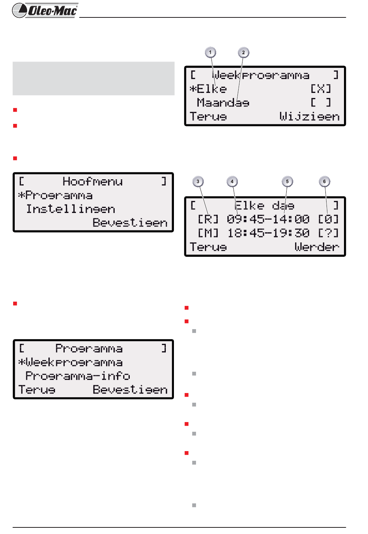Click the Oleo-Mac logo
pyautogui.click(x=45, y=10)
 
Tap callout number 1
pyautogui.click(x=210, y=52)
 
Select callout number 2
pyautogui.click(x=243, y=52)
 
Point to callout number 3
pyautogui.click(x=198, y=181)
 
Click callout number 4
pyautogui.click(x=232, y=181)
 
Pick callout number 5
pyautogui.click(x=287, y=181)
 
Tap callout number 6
pyautogui.click(x=325, y=181)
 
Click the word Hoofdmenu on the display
pyautogui.click(x=93, y=182)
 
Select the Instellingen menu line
pyautogui.click(x=71, y=209)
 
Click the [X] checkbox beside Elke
pyautogui.click(x=321, y=89)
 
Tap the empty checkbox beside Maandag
pyautogui.click(x=321, y=103)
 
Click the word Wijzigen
pyautogui.click(x=309, y=117)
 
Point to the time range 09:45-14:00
pyautogui.click(x=268, y=220)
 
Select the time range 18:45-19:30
pyautogui.click(x=268, y=233)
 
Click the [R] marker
pyautogui.click(x=208, y=220)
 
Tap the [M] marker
pyautogui.click(x=208, y=233)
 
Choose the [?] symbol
pyautogui.click(x=328, y=233)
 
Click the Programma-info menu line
pyautogui.click(x=77, y=376)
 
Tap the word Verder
pyautogui.click(x=316, y=247)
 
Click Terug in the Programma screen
pyautogui.click(x=37, y=390)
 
